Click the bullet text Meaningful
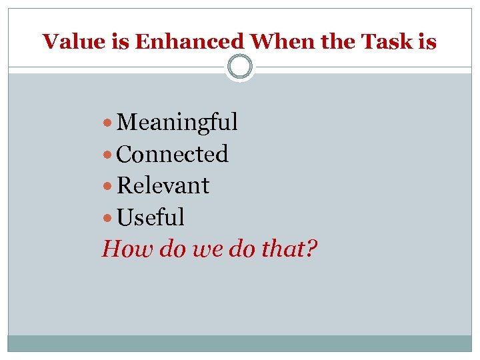177,123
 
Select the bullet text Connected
172,154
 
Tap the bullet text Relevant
163,185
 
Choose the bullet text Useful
150,217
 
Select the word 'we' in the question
203,250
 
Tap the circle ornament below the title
240,67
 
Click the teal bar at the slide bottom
240,343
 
